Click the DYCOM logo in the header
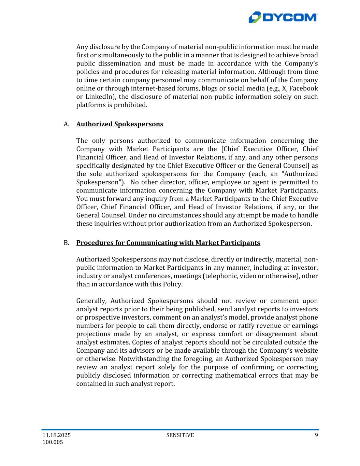coord(283,17)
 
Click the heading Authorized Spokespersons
coord(120,124)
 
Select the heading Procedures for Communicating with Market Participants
coord(168,243)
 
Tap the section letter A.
coord(66,124)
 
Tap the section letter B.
coord(66,243)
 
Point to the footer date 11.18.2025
coord(57,435)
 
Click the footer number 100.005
coord(53,442)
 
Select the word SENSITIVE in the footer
coord(180,435)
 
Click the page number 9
coord(316,435)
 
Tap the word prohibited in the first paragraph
coord(131,105)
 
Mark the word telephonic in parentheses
coord(220,276)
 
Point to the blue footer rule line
coord(180,429)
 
